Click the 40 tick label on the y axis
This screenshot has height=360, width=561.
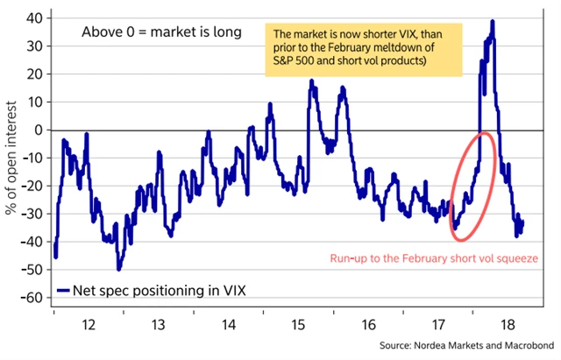[32, 18]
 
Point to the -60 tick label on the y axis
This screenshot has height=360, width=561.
[30, 298]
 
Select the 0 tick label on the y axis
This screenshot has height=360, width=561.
[38, 130]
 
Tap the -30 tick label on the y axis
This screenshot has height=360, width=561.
[30, 214]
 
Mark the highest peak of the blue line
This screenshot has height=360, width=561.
[493, 21]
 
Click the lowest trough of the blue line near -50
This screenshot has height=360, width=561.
[118, 269]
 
